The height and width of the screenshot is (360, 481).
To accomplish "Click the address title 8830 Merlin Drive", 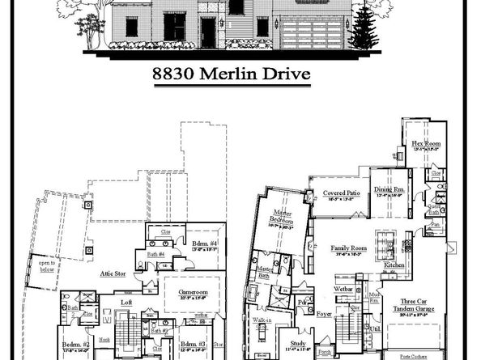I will click(240, 75).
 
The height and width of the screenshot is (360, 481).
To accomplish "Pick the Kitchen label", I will click(394, 265).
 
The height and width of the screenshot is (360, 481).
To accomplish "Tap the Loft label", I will click(126, 303).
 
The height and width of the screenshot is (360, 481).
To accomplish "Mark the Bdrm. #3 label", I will click(192, 344).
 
